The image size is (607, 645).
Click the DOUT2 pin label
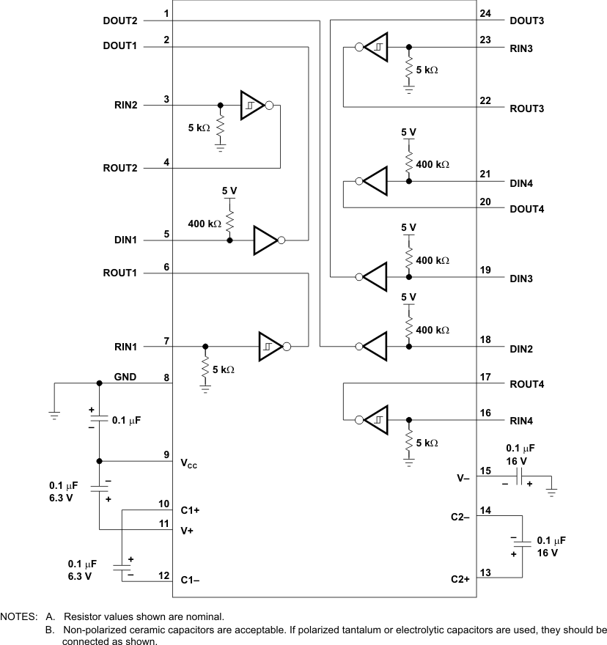coord(121,21)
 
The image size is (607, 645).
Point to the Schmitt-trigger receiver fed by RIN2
coord(251,106)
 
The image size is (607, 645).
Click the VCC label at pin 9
coord(189,463)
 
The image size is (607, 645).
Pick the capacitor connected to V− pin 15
coord(518,478)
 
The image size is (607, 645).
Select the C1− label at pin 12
coord(190,580)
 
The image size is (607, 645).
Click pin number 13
coord(484,572)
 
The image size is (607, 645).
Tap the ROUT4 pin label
coord(526,384)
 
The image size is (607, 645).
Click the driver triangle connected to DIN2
coord(375,346)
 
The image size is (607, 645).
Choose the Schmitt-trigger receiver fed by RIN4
coord(376,421)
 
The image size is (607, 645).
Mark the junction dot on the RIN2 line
coord(220,106)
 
